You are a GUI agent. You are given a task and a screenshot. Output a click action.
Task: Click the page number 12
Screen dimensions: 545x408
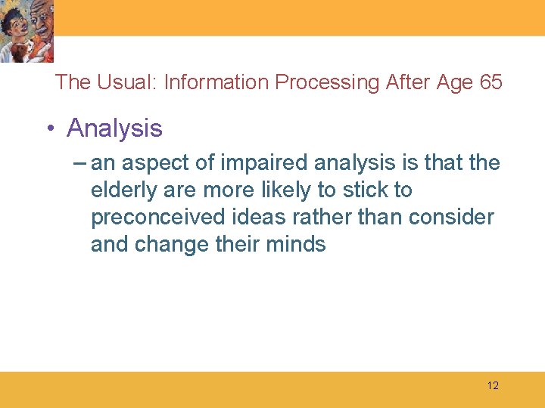point(493,385)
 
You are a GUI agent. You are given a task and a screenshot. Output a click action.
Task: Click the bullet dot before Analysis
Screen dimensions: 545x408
point(51,128)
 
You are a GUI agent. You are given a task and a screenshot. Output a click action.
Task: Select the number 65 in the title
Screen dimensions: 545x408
point(491,82)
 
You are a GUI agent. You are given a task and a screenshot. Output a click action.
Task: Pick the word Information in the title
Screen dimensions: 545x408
point(216,82)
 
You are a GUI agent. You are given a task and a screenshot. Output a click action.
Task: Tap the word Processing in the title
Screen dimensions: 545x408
point(327,83)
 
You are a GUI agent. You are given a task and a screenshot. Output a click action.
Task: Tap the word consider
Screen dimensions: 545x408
point(451,217)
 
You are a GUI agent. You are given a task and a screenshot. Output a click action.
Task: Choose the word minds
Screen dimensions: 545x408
point(296,244)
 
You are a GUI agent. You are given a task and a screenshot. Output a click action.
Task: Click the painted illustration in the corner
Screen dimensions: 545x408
point(26,31)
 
